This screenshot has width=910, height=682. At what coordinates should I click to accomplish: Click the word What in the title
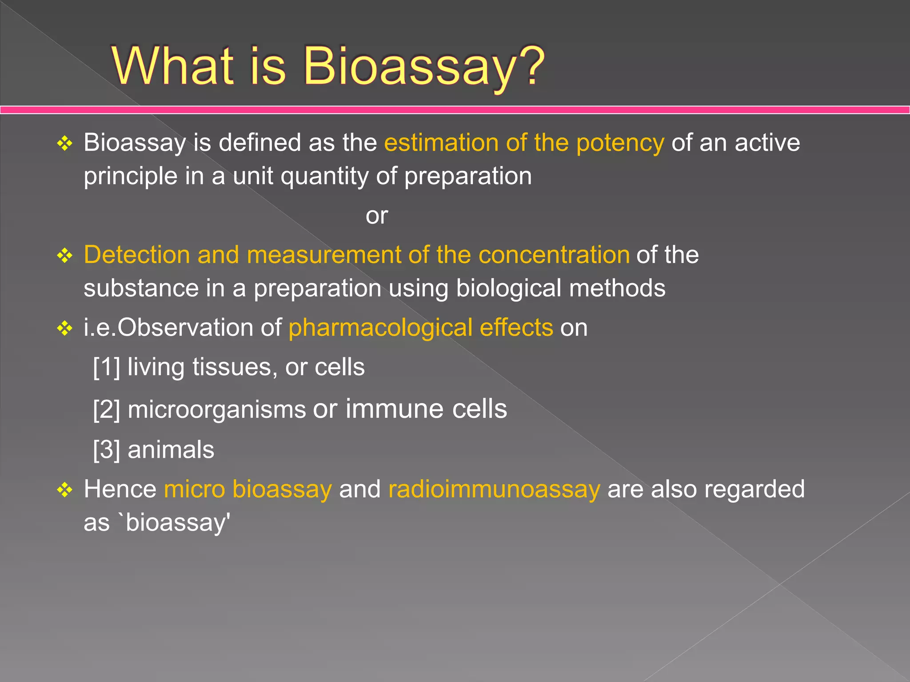pos(173,67)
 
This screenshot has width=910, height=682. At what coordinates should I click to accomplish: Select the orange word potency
pos(620,143)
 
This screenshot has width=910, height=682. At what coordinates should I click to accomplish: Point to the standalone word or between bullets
pos(377,216)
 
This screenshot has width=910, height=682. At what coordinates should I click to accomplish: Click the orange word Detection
pos(137,255)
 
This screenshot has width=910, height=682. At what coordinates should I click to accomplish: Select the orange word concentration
pos(554,255)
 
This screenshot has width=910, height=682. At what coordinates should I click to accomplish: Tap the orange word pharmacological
pos(380,328)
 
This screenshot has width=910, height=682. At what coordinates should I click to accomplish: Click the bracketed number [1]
pos(107,368)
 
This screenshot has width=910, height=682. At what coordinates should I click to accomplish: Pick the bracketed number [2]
pos(107,409)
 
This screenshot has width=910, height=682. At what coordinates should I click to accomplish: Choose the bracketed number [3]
pos(107,450)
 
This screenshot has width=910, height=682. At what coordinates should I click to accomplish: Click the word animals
pos(171,450)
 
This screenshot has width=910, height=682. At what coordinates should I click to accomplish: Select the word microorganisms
pos(217,409)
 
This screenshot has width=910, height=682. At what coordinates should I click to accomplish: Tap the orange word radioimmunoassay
pos(494,489)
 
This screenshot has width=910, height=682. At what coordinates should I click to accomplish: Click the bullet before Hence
pos(65,490)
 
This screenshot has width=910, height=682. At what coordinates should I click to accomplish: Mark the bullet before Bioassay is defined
pos(65,143)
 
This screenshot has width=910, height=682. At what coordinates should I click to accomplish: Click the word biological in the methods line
pos(509,288)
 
